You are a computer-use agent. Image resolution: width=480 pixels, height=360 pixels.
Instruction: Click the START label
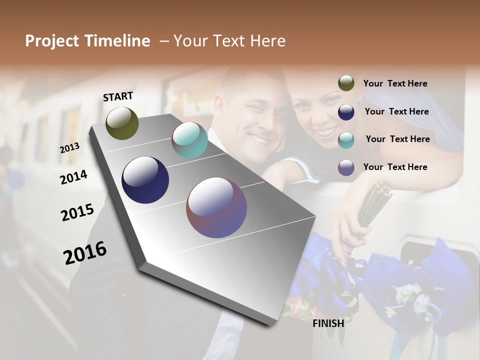pyautogui.click(x=118, y=96)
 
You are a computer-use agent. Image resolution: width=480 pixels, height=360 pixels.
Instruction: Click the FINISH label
pyautogui.click(x=328, y=323)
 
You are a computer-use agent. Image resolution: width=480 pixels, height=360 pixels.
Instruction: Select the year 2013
pyautogui.click(x=69, y=148)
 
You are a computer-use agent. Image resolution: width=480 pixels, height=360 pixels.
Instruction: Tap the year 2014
pyautogui.click(x=73, y=177)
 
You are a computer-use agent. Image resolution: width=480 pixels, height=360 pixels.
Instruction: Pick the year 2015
pyautogui.click(x=77, y=212)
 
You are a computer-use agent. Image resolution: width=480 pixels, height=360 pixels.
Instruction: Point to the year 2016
pyautogui.click(x=85, y=252)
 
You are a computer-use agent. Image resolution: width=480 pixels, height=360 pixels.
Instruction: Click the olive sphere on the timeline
pyautogui.click(x=122, y=123)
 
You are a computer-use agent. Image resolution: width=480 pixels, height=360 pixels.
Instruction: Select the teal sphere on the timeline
pyautogui.click(x=189, y=140)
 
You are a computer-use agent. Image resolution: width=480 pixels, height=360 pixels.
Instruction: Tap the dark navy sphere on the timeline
pyautogui.click(x=145, y=180)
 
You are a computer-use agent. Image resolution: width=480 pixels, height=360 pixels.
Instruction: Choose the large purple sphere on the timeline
pyautogui.click(x=216, y=207)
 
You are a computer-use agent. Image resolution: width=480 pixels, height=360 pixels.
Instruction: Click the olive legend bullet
pyautogui.click(x=346, y=83)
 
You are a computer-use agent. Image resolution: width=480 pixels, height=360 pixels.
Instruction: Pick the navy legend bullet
pyautogui.click(x=346, y=111)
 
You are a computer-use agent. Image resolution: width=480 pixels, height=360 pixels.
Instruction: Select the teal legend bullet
pyautogui.click(x=346, y=139)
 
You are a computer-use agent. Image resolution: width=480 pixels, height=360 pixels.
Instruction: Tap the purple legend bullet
pyautogui.click(x=346, y=167)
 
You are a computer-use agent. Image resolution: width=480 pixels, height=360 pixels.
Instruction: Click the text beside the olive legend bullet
pyautogui.click(x=395, y=83)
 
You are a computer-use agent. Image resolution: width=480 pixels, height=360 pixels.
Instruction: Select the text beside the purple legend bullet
pyautogui.click(x=395, y=167)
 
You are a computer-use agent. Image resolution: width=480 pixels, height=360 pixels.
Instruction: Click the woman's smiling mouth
pyautogui.click(x=328, y=132)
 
